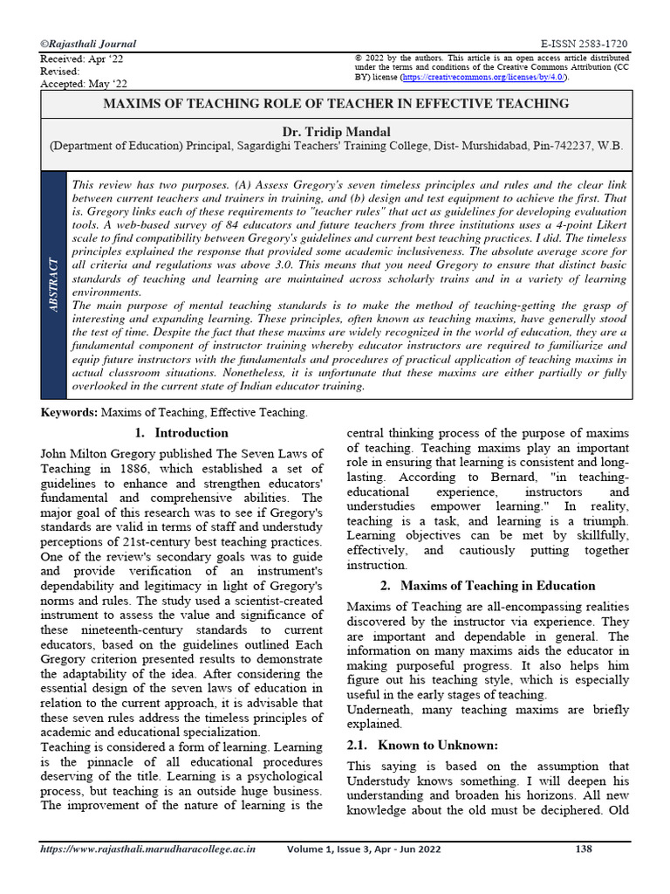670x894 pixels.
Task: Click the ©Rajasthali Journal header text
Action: point(88,44)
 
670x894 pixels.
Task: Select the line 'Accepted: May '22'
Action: point(84,84)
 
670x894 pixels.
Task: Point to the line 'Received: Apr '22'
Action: point(83,58)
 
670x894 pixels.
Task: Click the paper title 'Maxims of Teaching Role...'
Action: point(336,104)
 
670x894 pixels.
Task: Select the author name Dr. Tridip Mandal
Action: point(336,132)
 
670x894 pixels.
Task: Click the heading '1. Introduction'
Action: point(181,432)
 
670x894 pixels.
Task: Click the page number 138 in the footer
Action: point(584,872)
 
